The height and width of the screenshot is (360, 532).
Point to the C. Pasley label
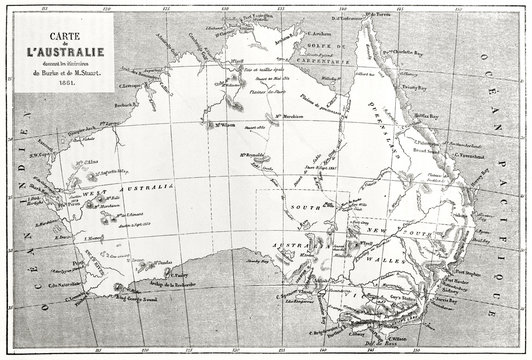179,275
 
